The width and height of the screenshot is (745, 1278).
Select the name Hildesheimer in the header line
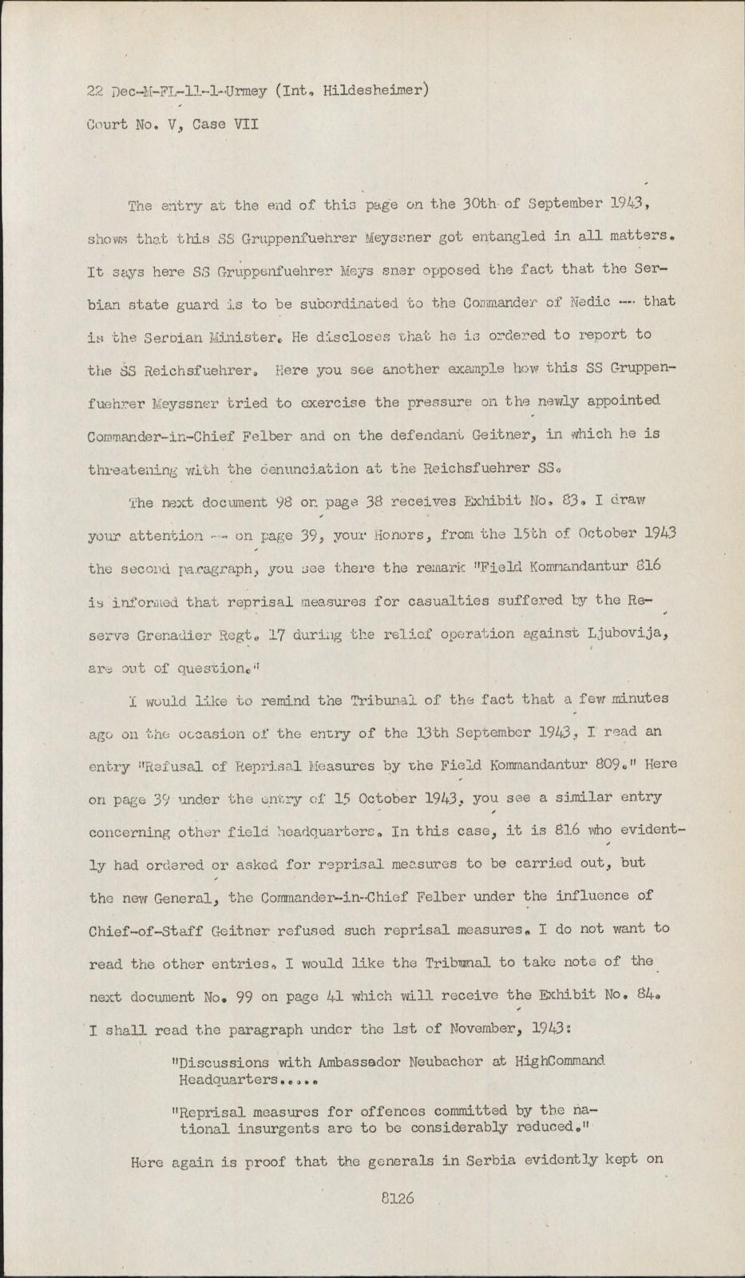coord(378,89)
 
